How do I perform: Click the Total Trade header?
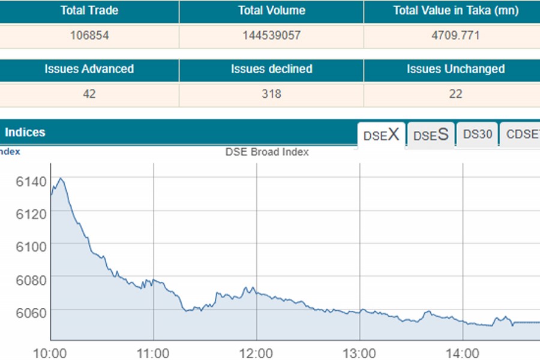tap(89, 11)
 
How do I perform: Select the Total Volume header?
tap(271, 11)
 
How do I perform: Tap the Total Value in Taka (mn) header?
tap(455, 11)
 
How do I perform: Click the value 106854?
tap(89, 35)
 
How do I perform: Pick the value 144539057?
tap(271, 35)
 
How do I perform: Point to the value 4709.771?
tap(455, 35)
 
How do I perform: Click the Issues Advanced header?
tap(89, 69)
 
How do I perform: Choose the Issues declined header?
tap(271, 69)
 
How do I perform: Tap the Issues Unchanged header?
tap(455, 69)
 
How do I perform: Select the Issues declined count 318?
tap(271, 94)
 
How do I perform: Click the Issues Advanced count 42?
tap(89, 94)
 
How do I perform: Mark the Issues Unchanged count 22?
tap(455, 94)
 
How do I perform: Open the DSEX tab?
tap(381, 135)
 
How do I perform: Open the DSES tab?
tap(431, 135)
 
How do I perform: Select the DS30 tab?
tap(478, 134)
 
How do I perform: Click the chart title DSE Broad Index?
tap(267, 152)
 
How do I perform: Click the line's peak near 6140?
tap(60, 178)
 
